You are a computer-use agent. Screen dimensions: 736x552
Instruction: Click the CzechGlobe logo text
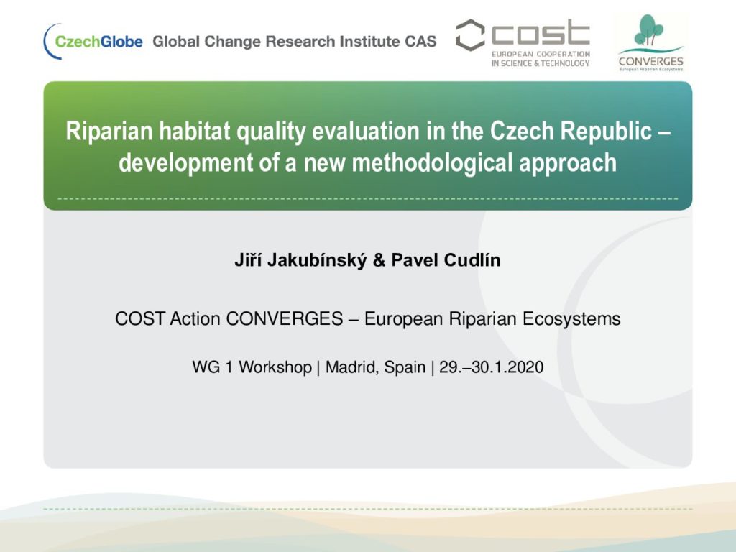point(98,42)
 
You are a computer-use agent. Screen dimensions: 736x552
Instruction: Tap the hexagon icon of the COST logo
point(470,35)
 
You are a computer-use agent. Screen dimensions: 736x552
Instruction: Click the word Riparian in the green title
point(109,132)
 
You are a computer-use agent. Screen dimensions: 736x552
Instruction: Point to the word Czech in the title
point(522,131)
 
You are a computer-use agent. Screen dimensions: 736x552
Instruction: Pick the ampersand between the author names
point(379,260)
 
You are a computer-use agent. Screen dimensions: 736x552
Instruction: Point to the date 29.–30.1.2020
point(491,367)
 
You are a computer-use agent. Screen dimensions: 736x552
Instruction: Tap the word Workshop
point(275,367)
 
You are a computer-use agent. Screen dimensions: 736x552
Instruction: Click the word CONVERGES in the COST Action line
point(285,318)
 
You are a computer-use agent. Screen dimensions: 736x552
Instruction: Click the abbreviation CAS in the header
point(420,41)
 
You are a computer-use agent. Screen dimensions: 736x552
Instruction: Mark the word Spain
point(405,367)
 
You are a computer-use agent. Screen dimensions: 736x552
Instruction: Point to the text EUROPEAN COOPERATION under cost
point(540,54)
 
